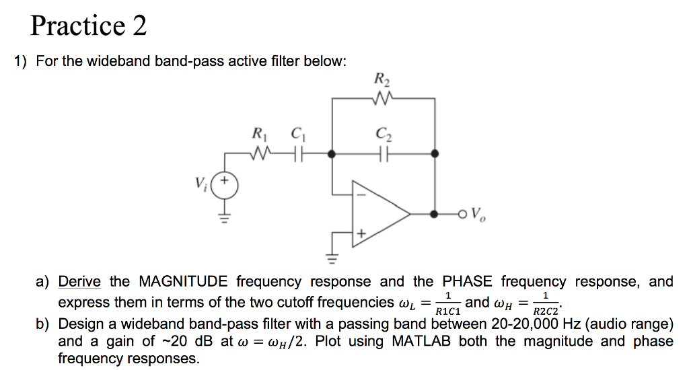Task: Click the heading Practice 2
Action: click(88, 25)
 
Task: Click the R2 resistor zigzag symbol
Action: click(382, 99)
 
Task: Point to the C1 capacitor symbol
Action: click(299, 154)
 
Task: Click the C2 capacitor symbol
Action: click(383, 154)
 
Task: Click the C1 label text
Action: click(298, 133)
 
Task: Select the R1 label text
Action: click(259, 133)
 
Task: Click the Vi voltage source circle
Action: click(225, 186)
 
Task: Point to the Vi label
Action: click(200, 183)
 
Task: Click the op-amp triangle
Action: click(381, 214)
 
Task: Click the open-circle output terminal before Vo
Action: click(462, 215)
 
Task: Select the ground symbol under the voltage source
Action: click(225, 218)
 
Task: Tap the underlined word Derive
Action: click(79, 281)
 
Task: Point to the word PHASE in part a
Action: click(467, 281)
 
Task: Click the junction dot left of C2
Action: click(332, 154)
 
